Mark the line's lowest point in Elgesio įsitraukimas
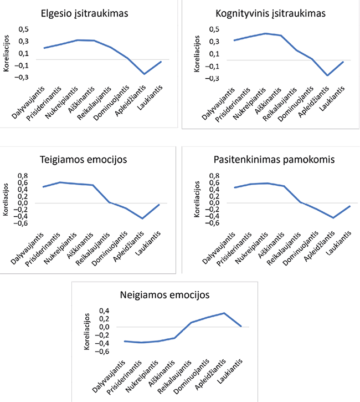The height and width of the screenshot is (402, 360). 145,74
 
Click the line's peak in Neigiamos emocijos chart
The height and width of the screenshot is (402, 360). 224,313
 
